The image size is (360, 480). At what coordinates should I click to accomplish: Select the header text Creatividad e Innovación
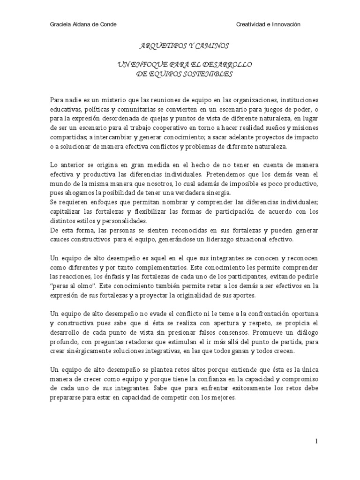(x=268, y=24)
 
